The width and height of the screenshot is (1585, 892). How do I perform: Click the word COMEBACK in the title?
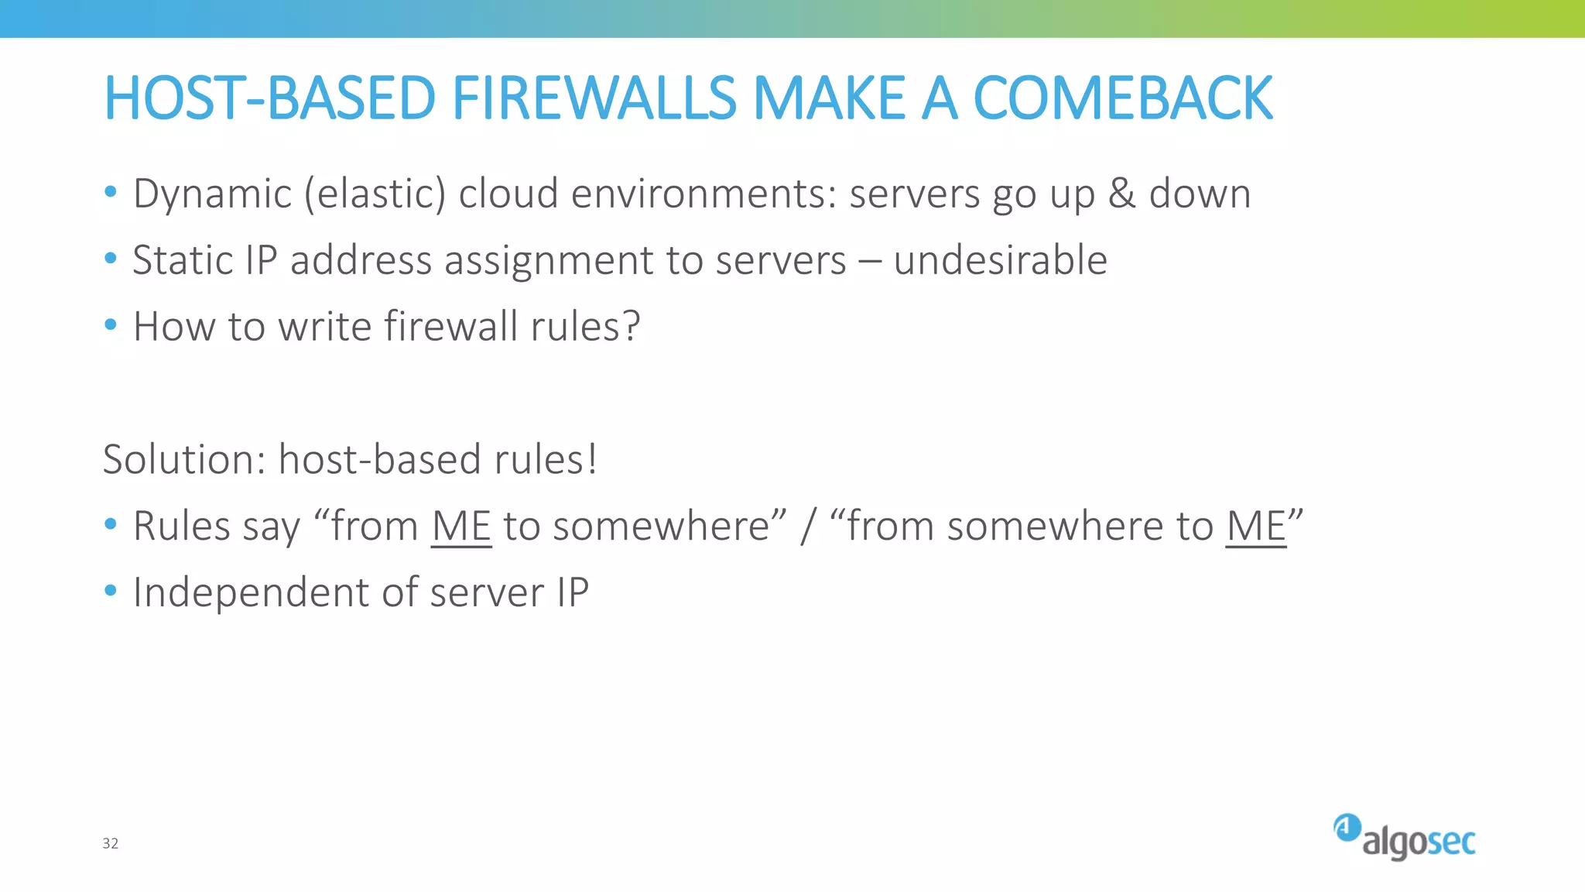point(1122,98)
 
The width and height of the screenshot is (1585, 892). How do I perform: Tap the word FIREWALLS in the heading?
point(594,98)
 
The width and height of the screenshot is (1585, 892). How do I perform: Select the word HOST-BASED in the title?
point(270,98)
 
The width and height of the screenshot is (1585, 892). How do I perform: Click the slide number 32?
point(111,843)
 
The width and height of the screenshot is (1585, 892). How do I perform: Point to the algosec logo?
point(1404,838)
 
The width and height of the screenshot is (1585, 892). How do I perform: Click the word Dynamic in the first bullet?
point(212,194)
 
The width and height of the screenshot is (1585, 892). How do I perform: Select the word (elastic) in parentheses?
point(375,194)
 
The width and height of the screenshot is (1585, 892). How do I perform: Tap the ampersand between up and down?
point(1121,194)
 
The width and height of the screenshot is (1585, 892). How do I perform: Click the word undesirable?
point(1000,260)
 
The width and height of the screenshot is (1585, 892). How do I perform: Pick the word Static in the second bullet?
point(183,260)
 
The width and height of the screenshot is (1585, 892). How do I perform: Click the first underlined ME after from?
point(461,527)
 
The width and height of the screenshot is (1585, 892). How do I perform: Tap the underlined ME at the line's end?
point(1255,527)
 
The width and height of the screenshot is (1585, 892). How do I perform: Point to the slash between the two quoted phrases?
point(808,527)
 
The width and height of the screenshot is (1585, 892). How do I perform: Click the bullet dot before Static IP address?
point(111,258)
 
